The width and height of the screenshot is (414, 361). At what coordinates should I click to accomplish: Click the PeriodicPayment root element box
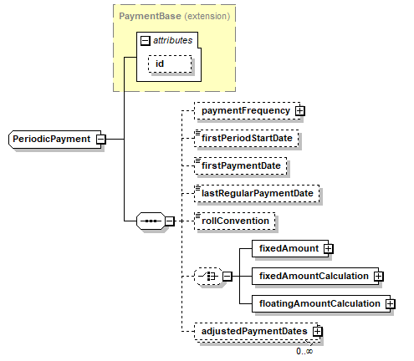(55, 139)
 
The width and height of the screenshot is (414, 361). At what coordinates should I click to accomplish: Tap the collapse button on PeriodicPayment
(101, 139)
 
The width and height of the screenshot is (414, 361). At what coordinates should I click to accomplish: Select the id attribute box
(170, 64)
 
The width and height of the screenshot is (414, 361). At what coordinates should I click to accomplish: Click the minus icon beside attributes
(145, 41)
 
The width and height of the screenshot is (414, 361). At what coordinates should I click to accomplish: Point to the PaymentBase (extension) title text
(175, 16)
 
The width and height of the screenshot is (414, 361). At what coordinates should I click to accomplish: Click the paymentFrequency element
(248, 111)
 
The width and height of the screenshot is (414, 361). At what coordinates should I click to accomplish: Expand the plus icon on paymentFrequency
(300, 111)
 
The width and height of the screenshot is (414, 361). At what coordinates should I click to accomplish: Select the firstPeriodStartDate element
(247, 139)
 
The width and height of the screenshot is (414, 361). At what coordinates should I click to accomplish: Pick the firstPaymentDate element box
(241, 166)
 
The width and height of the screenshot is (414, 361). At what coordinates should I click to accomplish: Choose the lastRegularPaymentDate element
(257, 194)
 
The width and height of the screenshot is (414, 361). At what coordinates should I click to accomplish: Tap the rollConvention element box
(235, 221)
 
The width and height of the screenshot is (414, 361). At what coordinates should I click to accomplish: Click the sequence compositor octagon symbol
(151, 221)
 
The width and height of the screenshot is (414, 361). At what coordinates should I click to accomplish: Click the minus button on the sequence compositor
(170, 221)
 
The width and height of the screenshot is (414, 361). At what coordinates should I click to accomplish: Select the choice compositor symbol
(208, 277)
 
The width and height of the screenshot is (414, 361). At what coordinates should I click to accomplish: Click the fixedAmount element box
(290, 248)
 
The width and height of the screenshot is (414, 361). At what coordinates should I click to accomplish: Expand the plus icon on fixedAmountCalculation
(378, 277)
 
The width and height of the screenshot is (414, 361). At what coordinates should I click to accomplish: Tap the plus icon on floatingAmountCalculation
(391, 303)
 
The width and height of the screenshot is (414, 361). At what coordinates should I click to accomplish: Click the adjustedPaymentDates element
(257, 332)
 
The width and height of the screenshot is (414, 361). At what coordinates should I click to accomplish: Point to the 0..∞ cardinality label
(304, 351)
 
